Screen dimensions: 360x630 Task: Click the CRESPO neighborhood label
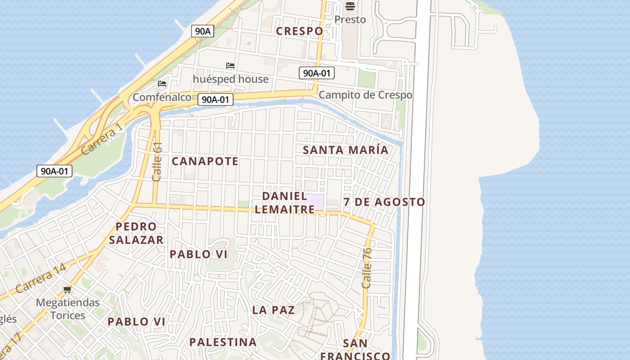[299, 31]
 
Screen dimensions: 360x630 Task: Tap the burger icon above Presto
[350, 6]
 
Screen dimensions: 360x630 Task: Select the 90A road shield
[202, 31]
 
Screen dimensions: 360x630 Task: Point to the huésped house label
[230, 79]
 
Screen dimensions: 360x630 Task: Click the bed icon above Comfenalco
[162, 84]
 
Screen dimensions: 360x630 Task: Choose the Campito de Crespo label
[365, 95]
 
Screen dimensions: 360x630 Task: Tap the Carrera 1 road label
[103, 138]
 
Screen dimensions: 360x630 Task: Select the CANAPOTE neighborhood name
[205, 161]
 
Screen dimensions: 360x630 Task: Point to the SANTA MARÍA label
[346, 150]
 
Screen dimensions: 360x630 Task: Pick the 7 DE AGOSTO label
[384, 202]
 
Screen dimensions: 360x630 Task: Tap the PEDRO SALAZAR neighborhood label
[136, 233]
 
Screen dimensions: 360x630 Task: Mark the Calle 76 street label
[367, 268]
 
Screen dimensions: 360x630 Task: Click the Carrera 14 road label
[41, 279]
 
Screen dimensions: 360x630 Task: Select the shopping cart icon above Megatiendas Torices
[67, 290]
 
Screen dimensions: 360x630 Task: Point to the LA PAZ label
[274, 310]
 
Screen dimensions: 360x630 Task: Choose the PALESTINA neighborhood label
[223, 342]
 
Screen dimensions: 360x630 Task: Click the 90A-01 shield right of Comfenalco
[216, 99]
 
